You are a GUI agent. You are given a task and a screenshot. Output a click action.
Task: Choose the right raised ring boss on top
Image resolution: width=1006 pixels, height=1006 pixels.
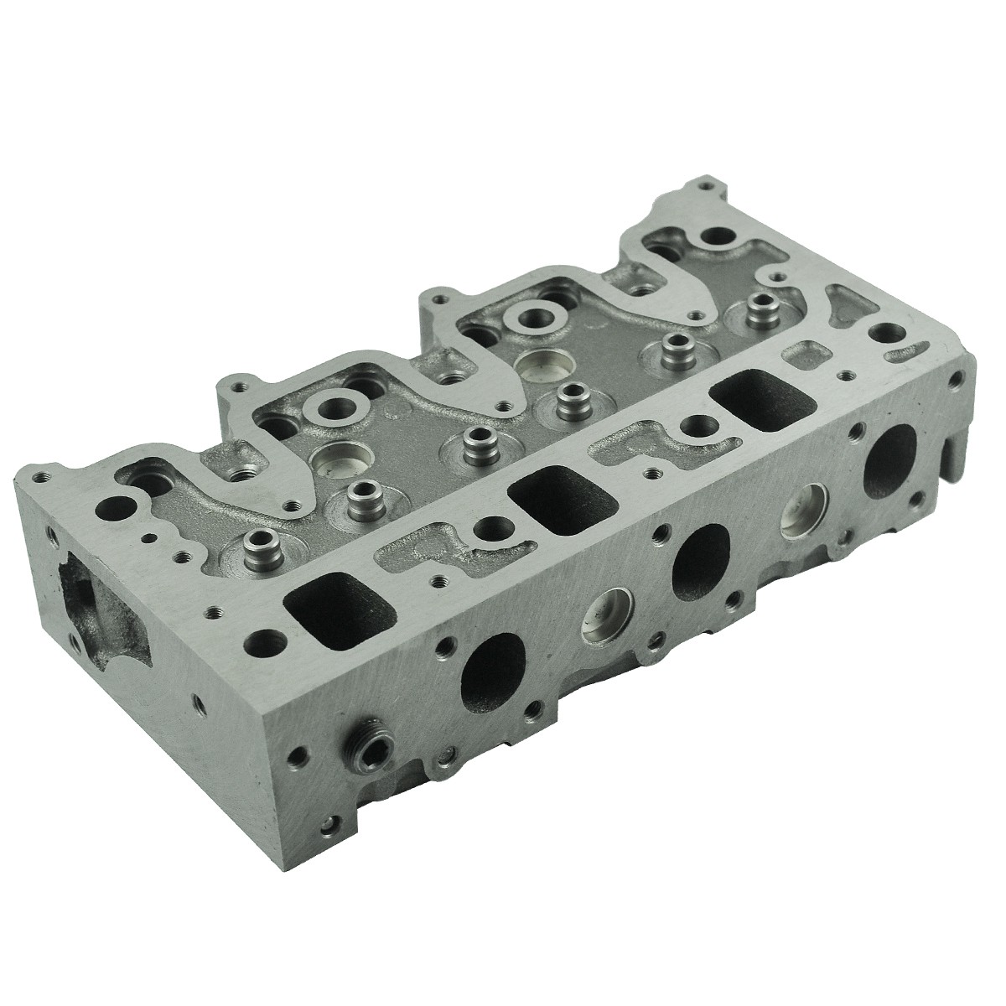click(534, 319)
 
